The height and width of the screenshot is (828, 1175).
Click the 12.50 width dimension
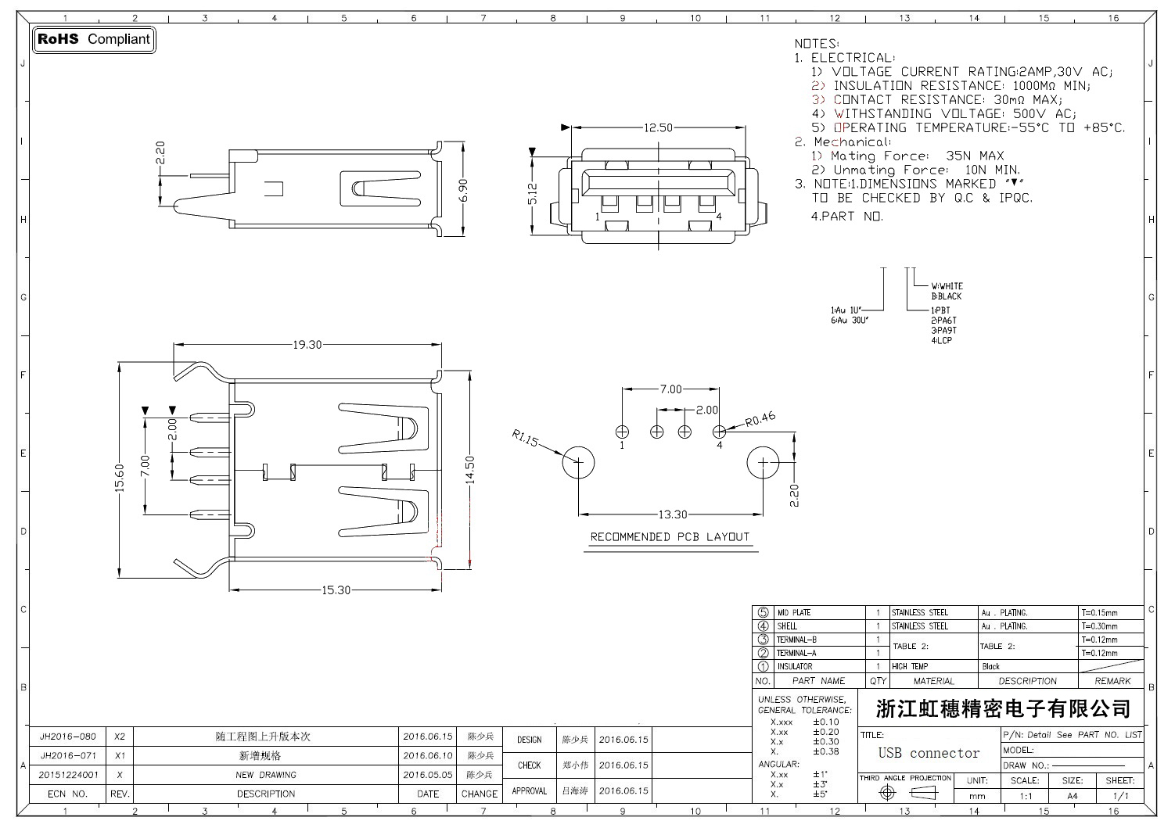pos(658,128)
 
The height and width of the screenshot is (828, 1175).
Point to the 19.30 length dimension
pos(307,345)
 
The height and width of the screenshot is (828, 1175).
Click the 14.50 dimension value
pos(469,471)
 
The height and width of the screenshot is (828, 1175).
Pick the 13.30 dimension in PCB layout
pos(672,514)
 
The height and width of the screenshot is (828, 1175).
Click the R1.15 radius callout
pos(525,440)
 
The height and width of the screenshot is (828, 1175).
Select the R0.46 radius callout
pos(760,420)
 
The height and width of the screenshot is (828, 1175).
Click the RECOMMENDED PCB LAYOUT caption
pos(670,537)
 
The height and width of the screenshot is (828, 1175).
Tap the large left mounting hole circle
pos(579,462)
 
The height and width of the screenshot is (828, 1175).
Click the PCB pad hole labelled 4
pos(719,431)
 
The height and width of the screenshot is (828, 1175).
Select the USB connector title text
pos(929,753)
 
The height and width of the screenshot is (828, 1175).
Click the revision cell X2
pos(120,737)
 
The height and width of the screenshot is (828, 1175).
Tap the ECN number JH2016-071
pos(68,756)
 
